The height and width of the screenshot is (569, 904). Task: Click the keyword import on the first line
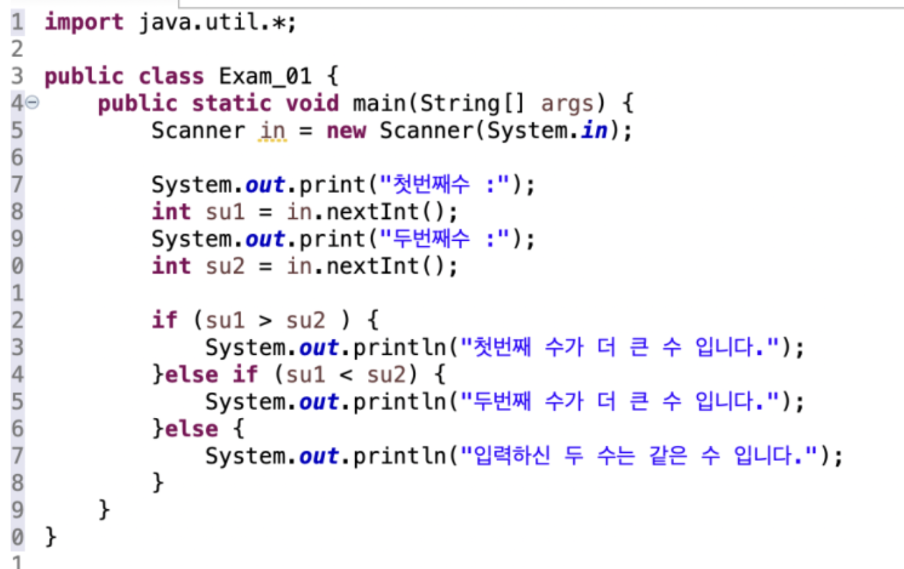84,23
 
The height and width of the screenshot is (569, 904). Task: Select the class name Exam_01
264,76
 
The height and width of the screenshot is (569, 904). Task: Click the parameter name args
567,103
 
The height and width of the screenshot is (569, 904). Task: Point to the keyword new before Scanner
345,131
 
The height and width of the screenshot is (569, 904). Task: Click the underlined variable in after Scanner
272,131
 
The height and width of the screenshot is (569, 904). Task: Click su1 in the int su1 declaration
225,212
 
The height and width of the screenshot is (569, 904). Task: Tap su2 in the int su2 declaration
225,267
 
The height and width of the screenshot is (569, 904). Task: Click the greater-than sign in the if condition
265,321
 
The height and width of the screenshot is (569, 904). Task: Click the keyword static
231,103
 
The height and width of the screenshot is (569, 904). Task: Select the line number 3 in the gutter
17,76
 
